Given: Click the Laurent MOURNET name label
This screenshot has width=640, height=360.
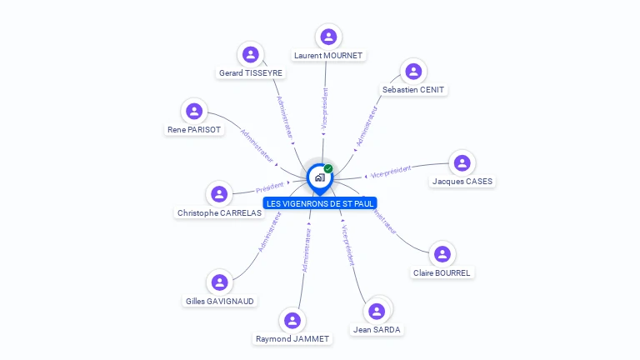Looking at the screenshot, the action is pos(328,56).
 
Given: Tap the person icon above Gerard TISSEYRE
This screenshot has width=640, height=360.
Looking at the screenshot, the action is pos(250,55).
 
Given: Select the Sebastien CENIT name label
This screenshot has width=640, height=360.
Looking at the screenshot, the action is pos(413,89).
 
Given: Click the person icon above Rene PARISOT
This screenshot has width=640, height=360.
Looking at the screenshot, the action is pos(194,111).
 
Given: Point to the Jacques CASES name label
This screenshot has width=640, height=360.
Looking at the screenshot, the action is pos(462,181).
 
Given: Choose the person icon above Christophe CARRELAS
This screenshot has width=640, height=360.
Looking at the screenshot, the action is pos(219,194).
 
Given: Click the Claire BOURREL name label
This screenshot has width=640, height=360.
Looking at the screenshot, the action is pos(442,272).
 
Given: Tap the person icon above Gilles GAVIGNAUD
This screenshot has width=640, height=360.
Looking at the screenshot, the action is pos(219,282).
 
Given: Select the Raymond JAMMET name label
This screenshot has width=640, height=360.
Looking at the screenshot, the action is pos(292,339).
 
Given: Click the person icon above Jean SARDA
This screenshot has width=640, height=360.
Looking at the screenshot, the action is pos(377,311).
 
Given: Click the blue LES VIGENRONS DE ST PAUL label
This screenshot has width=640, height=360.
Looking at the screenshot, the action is pos(320,203).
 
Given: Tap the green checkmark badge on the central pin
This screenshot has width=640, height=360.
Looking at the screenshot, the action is pos(328,168).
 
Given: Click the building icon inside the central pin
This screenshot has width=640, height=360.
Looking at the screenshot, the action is pos(319,177).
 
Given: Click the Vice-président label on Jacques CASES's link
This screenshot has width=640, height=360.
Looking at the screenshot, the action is pos(391,172).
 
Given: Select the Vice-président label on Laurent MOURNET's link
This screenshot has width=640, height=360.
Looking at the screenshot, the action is pos(324,108).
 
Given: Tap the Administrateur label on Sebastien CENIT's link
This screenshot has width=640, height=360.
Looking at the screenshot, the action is pos(367,126).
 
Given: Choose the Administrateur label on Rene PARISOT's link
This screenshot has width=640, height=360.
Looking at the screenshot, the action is pos(257,145).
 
